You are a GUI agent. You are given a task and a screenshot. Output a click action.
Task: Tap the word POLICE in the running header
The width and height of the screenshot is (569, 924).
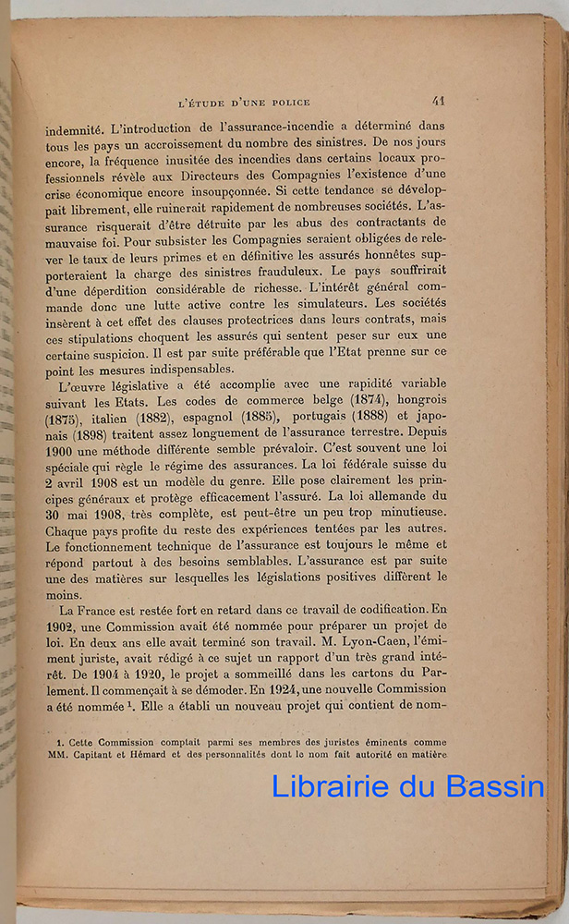pyautogui.click(x=287, y=102)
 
